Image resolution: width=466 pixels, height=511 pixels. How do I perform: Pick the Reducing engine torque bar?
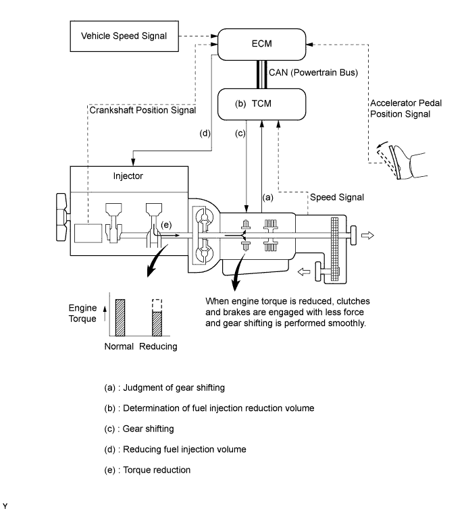click(157, 322)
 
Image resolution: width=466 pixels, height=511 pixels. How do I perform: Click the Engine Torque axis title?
click(82, 313)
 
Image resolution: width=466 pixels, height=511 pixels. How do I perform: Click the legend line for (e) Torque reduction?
click(147, 470)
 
